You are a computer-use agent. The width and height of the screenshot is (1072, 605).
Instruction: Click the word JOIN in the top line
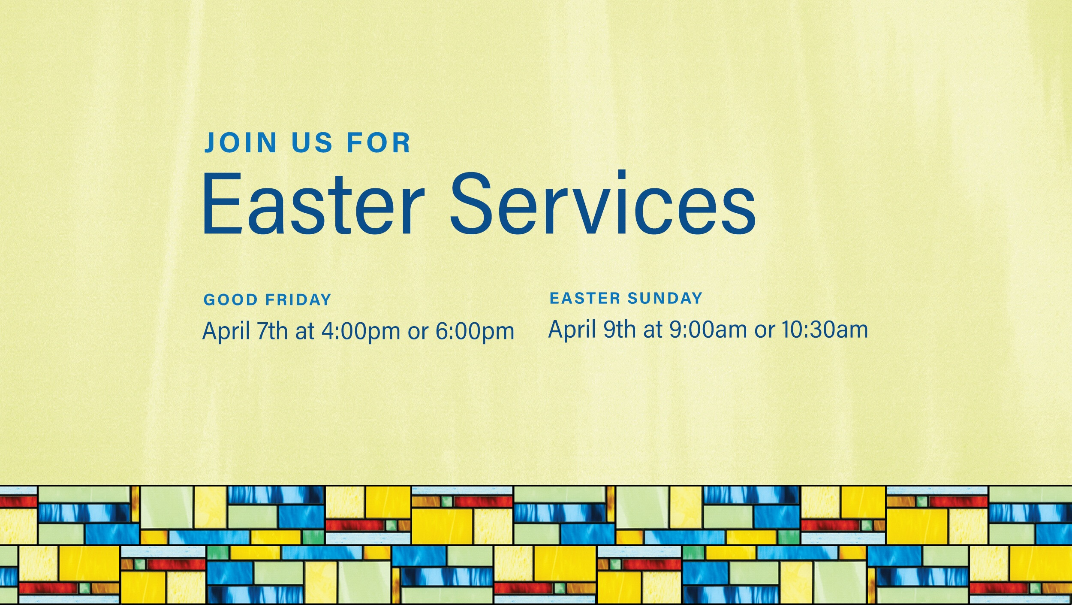pos(241,142)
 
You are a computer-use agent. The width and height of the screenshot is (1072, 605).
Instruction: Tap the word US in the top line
pos(312,142)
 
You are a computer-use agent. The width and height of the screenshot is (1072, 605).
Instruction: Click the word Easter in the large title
pos(313,203)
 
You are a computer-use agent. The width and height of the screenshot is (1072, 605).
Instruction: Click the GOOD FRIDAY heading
pos(268,299)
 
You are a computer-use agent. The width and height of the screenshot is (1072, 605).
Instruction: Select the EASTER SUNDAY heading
pos(626,298)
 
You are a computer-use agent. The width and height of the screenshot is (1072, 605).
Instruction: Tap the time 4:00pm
pos(361,331)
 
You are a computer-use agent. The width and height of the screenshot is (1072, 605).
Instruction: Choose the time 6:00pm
pos(475,331)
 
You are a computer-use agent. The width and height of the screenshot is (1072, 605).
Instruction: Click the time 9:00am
pos(708,330)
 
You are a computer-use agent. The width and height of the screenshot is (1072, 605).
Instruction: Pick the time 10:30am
pos(825,330)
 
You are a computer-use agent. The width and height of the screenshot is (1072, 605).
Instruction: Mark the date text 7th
pos(272,331)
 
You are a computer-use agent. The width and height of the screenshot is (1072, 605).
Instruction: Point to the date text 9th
pos(619,329)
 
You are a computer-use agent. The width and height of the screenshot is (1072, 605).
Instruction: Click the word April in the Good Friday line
pos(226,331)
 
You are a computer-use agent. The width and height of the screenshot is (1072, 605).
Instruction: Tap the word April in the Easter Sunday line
pos(572,330)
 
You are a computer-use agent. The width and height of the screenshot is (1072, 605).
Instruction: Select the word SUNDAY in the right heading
pos(665,298)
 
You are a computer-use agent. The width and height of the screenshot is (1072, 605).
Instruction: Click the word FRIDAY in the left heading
pos(298,299)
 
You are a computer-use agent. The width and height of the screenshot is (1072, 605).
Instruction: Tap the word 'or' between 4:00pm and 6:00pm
pos(418,333)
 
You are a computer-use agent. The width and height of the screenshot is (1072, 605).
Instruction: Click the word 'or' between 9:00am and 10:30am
pos(765,331)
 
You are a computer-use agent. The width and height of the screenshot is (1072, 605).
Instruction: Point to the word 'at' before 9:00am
pos(653,330)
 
